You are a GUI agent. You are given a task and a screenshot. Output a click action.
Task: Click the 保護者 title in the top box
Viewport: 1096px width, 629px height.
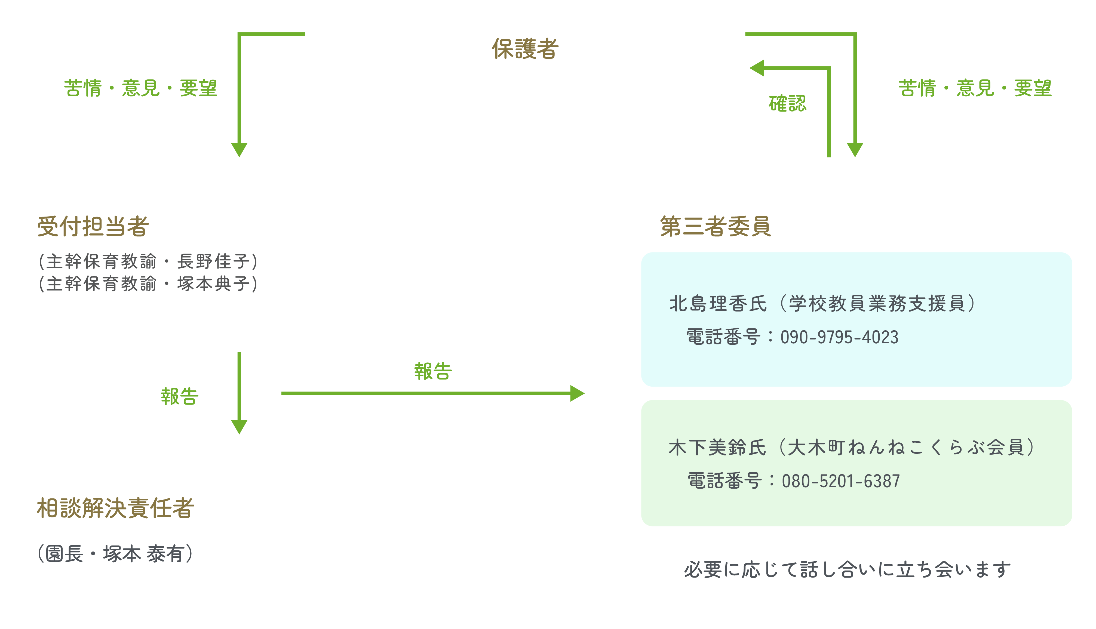[x=525, y=48]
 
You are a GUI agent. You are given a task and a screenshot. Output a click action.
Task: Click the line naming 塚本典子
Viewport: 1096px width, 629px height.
[x=148, y=284]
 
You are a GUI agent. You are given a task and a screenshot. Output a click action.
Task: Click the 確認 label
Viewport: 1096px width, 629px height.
[x=787, y=104]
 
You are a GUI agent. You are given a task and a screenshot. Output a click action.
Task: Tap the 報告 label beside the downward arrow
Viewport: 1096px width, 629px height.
[x=179, y=397]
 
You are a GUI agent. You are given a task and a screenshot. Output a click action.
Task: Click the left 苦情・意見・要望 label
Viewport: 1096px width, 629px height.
[x=140, y=88]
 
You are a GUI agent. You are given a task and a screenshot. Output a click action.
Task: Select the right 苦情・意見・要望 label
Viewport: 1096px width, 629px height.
[x=975, y=88]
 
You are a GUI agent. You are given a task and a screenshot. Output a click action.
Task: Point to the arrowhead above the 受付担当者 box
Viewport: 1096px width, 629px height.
[x=239, y=149]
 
